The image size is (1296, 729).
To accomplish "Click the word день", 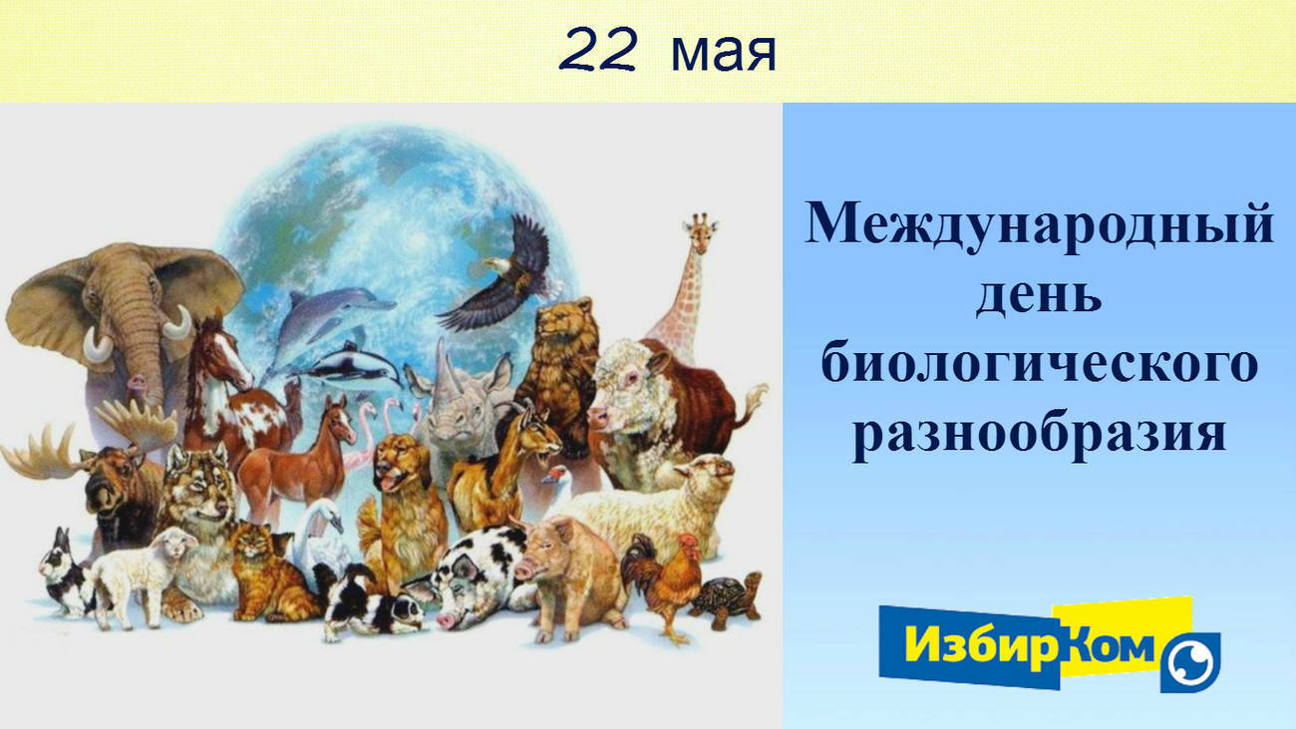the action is [x=1039, y=296].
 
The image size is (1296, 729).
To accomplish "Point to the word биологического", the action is [x=1039, y=365].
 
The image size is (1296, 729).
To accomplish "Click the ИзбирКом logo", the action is [x=1050, y=645].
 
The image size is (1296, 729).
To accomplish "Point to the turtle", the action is [x=727, y=598].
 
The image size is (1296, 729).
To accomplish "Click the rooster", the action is [x=663, y=583].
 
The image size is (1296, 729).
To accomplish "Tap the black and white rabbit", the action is [x=65, y=572].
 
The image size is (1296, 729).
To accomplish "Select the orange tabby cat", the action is [x=266, y=572].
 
